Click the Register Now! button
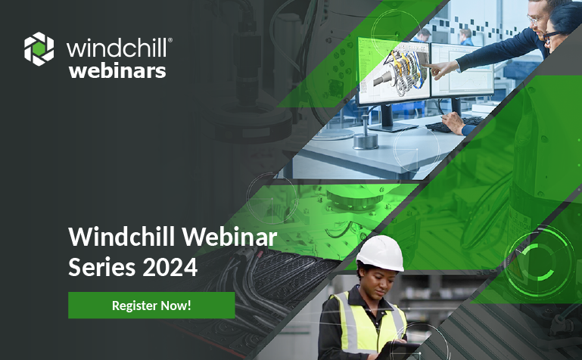tap(151, 306)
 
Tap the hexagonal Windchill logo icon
tap(39, 49)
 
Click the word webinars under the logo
tap(117, 71)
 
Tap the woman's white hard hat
tap(380, 253)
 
